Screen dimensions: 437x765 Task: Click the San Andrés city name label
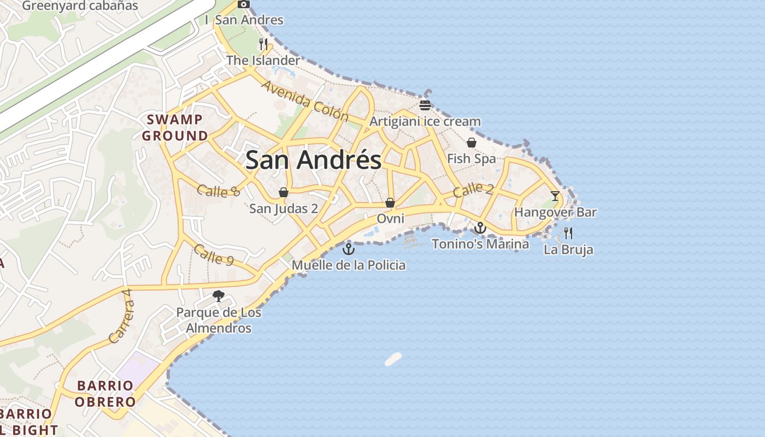313,160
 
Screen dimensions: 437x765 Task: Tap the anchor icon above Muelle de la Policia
348,250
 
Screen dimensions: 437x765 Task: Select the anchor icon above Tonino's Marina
480,228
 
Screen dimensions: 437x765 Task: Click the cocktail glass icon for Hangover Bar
555,196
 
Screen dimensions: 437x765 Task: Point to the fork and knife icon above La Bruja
568,233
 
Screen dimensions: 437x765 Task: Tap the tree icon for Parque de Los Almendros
219,297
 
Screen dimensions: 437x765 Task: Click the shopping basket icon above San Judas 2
284,192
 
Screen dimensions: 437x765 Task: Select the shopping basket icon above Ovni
390,203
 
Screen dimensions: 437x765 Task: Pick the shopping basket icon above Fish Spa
471,143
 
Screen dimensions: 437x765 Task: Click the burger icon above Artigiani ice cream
425,105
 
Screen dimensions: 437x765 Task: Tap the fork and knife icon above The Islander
264,44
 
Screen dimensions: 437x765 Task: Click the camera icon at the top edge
244,4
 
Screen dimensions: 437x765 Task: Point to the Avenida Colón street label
305,101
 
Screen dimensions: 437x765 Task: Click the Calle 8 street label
219,191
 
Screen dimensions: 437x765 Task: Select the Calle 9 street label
214,255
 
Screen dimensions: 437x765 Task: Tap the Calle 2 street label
473,190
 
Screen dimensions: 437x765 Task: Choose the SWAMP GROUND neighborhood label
175,127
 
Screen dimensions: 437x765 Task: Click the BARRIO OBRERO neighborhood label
105,394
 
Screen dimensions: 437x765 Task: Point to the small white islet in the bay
393,359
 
